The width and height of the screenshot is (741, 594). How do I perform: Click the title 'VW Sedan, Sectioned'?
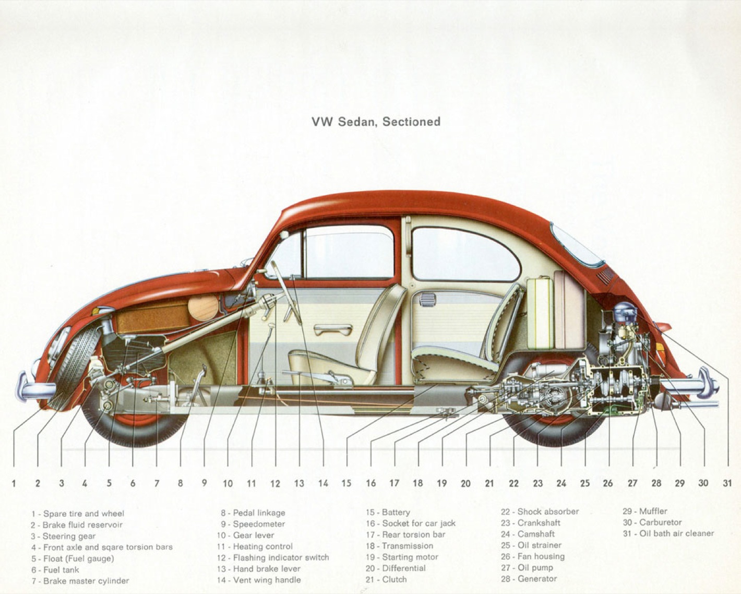click(376, 122)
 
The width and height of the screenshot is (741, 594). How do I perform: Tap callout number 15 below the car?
click(346, 483)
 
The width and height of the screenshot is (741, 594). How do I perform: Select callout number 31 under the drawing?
click(727, 483)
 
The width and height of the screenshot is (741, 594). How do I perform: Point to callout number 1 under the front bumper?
click(14, 483)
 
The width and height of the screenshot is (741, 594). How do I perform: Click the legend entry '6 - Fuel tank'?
click(55, 569)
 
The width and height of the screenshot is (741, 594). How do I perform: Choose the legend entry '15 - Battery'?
click(388, 512)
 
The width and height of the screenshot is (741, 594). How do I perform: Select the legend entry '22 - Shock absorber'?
click(540, 512)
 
